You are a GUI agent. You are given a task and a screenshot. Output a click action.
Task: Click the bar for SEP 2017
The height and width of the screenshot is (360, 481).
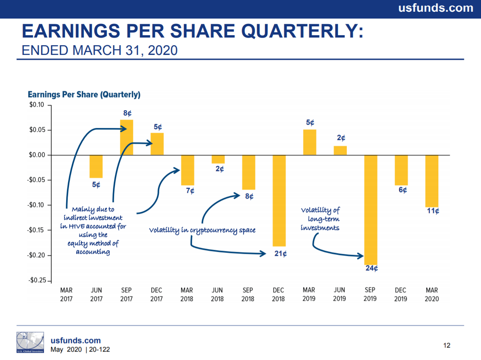tap(127, 138)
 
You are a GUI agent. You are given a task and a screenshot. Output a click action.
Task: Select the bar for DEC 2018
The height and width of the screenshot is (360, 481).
tap(279, 201)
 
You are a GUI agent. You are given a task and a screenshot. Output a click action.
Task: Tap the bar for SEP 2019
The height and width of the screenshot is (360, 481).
tap(371, 210)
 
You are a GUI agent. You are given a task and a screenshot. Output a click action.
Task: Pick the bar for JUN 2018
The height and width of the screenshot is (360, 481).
tap(218, 159)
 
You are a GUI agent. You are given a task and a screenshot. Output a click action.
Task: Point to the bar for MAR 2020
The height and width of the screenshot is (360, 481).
tap(432, 181)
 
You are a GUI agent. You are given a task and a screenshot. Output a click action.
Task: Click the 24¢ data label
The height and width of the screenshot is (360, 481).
tap(371, 268)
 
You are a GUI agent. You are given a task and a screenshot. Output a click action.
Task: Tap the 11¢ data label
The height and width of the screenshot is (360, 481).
tap(433, 211)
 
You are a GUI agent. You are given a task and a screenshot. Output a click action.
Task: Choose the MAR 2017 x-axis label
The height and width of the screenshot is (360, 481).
tap(66, 295)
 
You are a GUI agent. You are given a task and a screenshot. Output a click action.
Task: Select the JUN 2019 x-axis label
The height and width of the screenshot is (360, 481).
tap(339, 294)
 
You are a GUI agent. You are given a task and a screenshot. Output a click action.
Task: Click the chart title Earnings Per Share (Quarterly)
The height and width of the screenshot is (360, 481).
tap(84, 95)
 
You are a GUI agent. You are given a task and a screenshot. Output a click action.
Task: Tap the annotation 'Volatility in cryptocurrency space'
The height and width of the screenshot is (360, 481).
tap(202, 230)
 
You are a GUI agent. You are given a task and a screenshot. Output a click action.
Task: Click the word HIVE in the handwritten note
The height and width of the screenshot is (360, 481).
tap(77, 226)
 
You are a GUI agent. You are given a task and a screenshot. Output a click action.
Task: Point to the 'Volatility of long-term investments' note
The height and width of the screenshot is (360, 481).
tap(320, 219)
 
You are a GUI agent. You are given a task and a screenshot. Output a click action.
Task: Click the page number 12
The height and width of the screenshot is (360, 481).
tap(446, 345)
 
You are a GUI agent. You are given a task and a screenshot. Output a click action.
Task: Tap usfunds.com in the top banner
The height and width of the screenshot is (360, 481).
tap(435, 8)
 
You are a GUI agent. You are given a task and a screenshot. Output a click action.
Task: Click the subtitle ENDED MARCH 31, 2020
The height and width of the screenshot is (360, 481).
tap(99, 50)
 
